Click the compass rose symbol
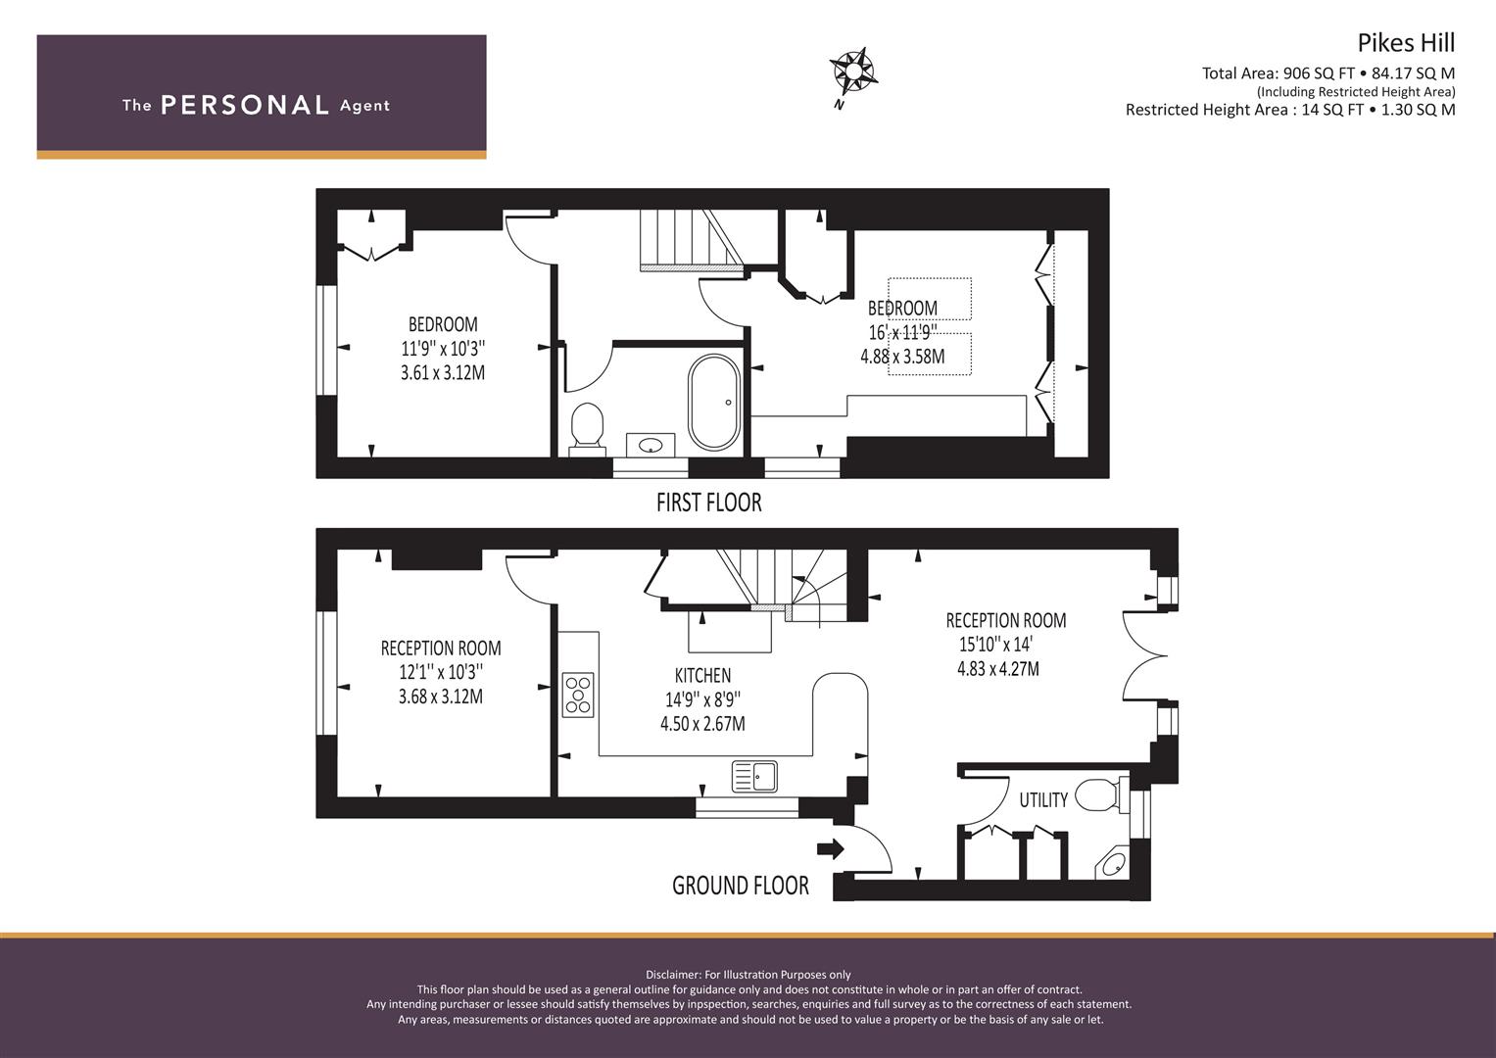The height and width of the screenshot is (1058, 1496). click(853, 72)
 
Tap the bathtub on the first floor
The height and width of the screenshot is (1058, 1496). click(714, 402)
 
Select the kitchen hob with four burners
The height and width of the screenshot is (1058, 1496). click(578, 695)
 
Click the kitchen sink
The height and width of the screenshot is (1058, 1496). click(754, 776)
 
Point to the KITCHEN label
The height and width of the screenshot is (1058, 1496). click(702, 675)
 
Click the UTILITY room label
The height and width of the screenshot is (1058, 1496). click(1043, 799)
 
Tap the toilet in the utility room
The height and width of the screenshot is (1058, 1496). click(1100, 794)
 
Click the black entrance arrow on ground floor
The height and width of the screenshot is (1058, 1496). click(830, 849)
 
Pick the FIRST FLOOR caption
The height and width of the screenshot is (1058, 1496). click(708, 503)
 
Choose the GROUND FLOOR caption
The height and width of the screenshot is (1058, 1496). click(740, 885)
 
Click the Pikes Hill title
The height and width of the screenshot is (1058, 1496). click(1406, 43)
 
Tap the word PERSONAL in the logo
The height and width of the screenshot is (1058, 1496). click(245, 105)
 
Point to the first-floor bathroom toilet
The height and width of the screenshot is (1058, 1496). click(587, 428)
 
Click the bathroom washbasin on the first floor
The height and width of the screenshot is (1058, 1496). click(651, 445)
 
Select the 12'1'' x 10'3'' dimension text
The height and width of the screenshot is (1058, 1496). click(441, 672)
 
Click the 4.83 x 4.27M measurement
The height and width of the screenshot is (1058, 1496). click(997, 668)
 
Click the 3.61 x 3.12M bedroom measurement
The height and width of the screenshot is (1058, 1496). click(443, 372)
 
